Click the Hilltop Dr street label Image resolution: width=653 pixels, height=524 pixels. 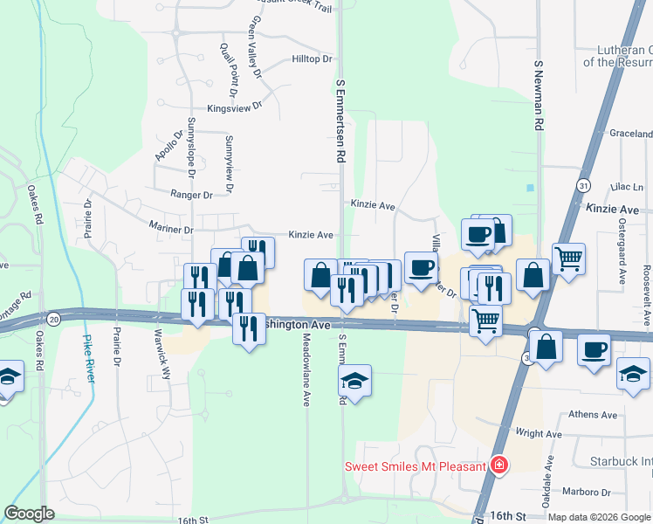coord(313,59)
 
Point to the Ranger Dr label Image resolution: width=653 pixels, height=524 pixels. coord(191,195)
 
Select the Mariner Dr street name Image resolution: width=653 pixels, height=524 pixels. coord(170,230)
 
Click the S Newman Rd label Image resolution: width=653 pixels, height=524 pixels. coord(540,96)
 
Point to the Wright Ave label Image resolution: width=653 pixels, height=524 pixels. coord(538,433)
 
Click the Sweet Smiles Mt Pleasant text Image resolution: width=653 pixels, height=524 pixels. coord(415,466)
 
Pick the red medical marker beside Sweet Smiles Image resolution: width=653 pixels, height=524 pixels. coord(498,464)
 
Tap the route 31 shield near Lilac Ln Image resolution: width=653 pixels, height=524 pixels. coord(582,185)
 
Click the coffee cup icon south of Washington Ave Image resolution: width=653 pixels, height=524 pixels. coord(594,348)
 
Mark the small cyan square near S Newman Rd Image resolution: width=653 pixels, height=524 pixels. coord(530,188)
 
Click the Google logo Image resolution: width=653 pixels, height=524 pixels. coord(30,514)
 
